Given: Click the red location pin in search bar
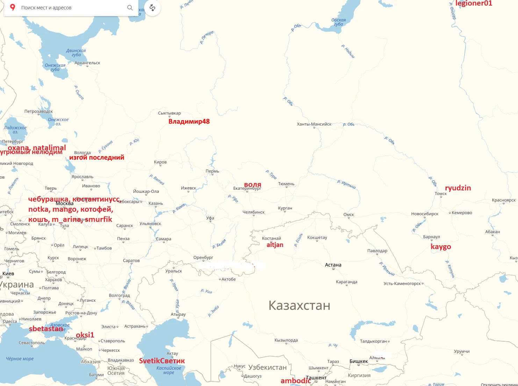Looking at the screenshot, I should point(13,7).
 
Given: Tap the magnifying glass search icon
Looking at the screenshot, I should point(130,7).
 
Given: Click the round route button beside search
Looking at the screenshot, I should point(152,8).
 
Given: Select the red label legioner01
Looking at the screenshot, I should point(474,3).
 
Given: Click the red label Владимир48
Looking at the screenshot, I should point(189,122).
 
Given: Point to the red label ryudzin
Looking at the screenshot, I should point(458,188).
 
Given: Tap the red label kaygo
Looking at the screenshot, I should point(441,247).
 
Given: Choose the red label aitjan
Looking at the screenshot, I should point(275,245).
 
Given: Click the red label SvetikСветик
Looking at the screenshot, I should point(162,361).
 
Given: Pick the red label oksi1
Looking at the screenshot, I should point(85,335).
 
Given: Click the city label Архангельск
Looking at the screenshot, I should point(87,63).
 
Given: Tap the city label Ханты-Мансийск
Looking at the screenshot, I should point(314,124).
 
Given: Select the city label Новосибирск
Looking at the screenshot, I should point(425,214).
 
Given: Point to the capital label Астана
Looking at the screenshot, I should point(333,265).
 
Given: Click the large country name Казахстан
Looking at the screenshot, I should point(299,305).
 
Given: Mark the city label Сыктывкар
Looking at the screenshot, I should point(170,113).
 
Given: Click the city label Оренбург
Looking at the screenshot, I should point(203,257).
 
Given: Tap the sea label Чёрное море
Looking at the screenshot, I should point(20,359).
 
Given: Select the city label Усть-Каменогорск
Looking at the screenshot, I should point(402,283).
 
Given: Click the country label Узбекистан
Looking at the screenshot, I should point(267,367).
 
